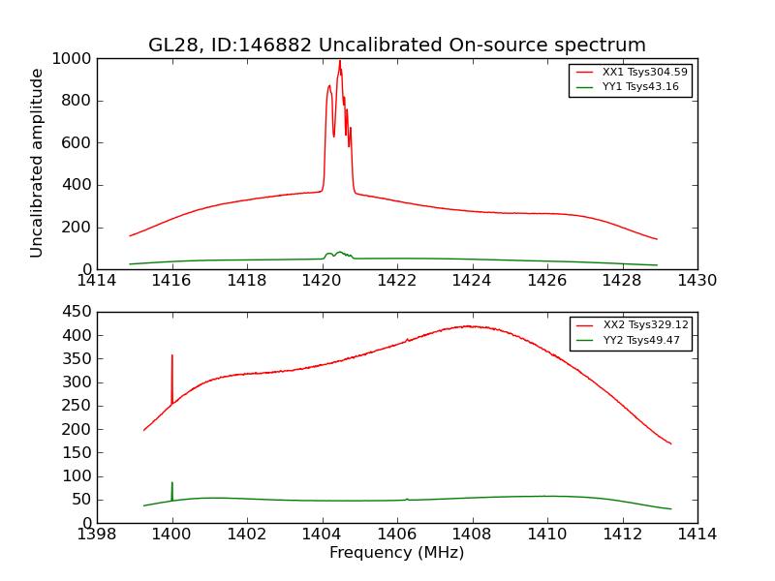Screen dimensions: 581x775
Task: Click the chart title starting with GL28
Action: (x=397, y=46)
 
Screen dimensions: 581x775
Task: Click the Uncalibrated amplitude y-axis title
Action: (x=38, y=163)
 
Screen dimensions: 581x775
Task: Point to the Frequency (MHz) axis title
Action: (x=397, y=553)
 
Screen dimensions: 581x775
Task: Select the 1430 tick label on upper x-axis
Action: (x=697, y=281)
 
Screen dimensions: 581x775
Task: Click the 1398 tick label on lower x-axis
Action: (x=97, y=534)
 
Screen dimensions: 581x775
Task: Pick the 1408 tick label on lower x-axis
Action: (x=472, y=534)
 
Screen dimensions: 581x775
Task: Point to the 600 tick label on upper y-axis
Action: (x=77, y=143)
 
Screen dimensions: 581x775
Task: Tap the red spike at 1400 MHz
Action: (x=172, y=356)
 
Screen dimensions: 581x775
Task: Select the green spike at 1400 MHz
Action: (x=172, y=483)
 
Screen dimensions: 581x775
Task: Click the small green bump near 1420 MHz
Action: (x=339, y=253)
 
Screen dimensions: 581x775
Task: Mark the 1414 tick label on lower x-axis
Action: (x=697, y=534)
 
